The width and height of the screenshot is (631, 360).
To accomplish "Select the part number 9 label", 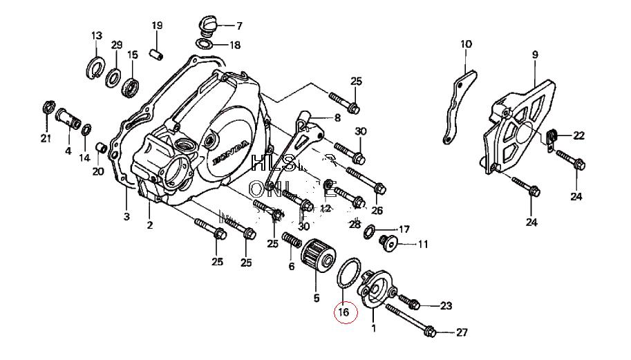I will [x=535, y=55].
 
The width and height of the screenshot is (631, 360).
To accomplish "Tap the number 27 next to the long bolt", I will [x=462, y=332].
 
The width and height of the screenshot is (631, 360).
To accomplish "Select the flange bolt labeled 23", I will [x=413, y=303].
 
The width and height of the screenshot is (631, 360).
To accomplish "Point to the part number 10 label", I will [x=466, y=44].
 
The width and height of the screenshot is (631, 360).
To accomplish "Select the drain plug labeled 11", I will [x=388, y=243].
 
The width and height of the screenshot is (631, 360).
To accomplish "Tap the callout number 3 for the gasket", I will [x=126, y=216].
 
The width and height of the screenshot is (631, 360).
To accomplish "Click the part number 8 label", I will [x=337, y=117].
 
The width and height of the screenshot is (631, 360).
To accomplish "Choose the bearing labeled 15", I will [x=131, y=86].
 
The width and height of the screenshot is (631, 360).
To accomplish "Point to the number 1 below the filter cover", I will [x=374, y=329].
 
